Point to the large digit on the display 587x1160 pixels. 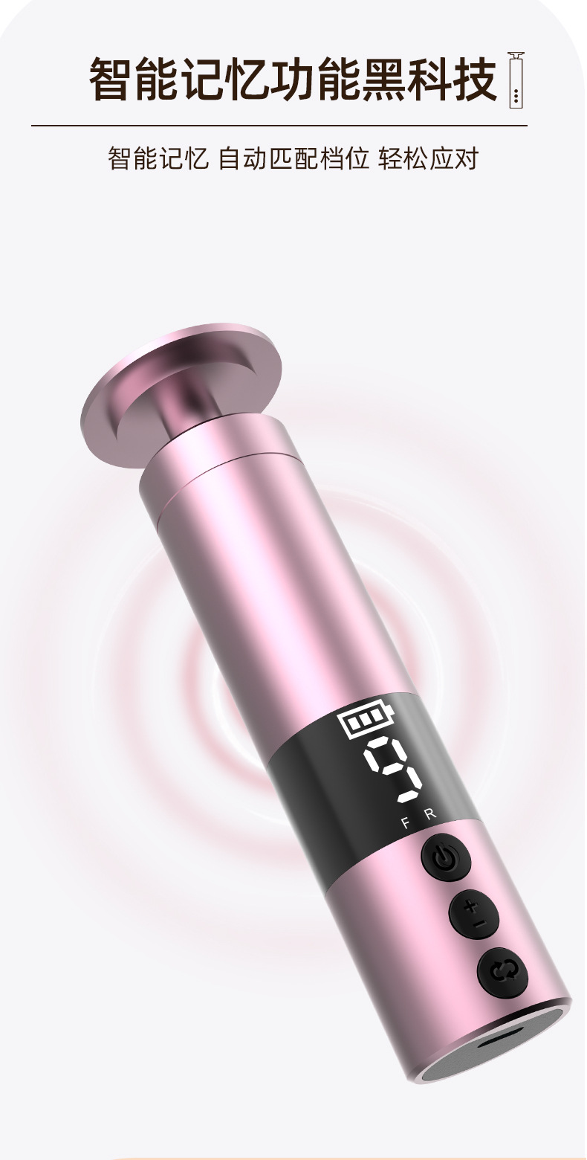click(x=394, y=770)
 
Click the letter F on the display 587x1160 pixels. click(x=405, y=822)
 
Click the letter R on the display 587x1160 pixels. click(x=430, y=815)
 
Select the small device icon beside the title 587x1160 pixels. click(x=516, y=80)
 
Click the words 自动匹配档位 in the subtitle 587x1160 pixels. click(x=293, y=158)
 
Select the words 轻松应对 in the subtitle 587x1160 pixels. click(x=428, y=158)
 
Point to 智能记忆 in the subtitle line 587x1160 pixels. click(x=158, y=158)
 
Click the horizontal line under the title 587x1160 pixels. click(x=279, y=126)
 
